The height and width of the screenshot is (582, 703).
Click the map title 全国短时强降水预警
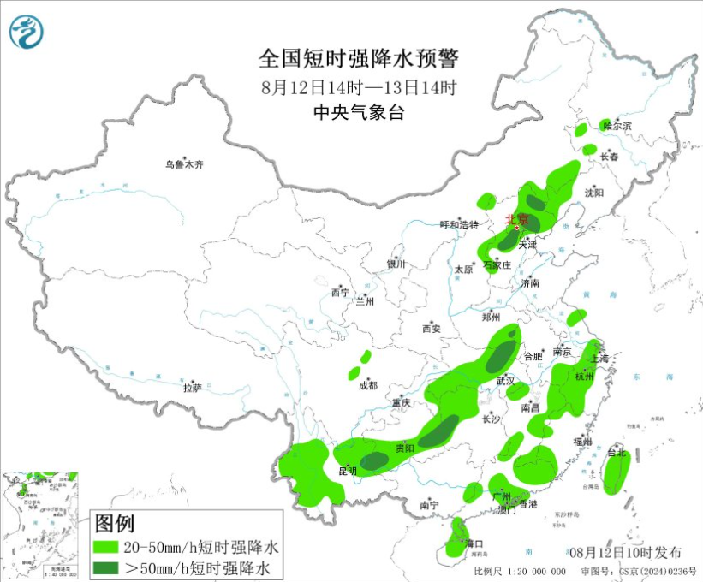tap(359, 58)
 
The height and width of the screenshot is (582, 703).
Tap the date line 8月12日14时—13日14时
tap(359, 86)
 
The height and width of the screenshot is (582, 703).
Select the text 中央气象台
tap(358, 112)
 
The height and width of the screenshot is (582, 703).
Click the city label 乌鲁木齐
tap(185, 165)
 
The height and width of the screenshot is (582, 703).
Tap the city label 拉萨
tap(193, 387)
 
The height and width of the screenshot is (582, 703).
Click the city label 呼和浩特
tap(460, 224)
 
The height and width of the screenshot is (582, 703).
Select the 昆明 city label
tap(347, 471)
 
